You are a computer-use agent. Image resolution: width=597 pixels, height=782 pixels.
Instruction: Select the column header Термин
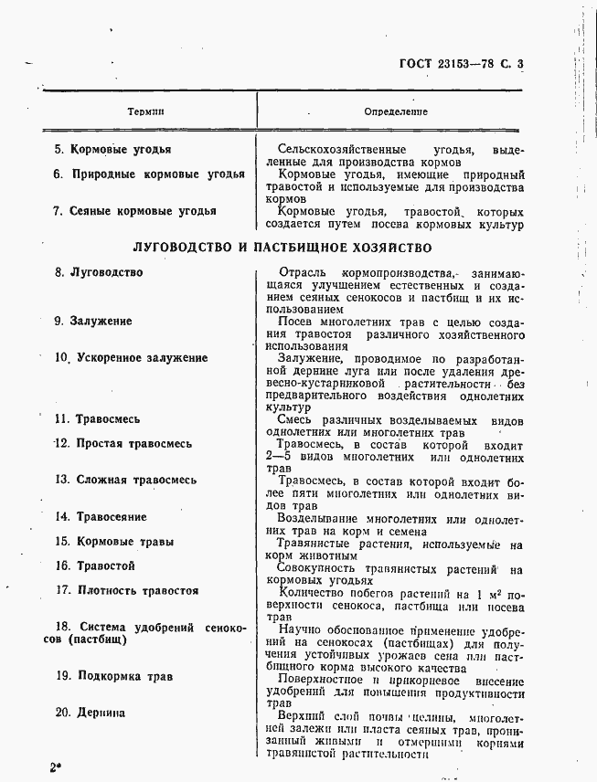(146, 111)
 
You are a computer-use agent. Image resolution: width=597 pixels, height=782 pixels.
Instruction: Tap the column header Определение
(396, 111)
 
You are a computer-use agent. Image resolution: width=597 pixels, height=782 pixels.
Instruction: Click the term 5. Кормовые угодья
(112, 149)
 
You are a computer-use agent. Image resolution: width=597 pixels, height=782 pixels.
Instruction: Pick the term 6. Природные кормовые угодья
(149, 174)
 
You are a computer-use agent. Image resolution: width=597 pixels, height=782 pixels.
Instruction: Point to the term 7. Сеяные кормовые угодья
(135, 211)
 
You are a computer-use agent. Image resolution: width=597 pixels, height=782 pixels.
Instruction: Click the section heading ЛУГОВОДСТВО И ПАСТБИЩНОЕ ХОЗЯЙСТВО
(282, 247)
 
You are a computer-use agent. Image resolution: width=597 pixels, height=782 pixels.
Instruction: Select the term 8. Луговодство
(99, 272)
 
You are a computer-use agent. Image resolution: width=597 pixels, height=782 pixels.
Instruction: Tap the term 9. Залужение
(93, 322)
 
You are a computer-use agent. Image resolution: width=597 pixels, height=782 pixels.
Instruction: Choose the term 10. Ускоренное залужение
(131, 358)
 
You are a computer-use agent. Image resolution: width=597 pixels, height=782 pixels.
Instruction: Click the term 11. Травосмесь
(97, 419)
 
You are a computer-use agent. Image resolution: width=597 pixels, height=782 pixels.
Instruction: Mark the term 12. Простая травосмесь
(123, 444)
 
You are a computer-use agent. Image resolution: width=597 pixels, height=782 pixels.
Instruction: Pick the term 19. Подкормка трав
(113, 677)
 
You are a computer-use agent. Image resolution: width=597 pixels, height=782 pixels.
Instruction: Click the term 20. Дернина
(90, 713)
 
